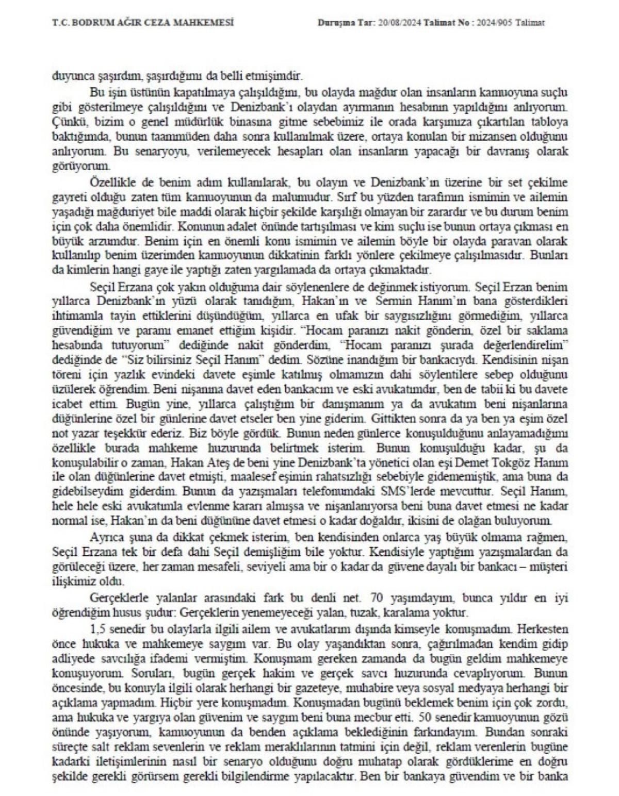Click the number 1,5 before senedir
coord(97,629)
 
